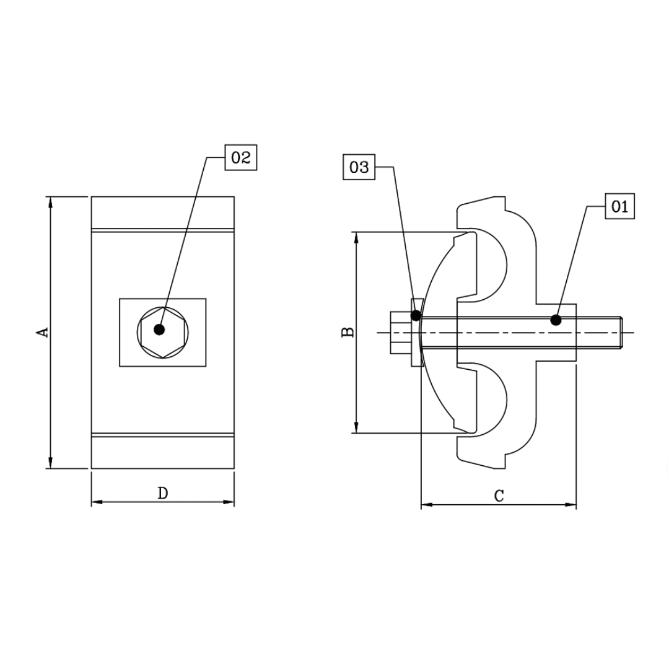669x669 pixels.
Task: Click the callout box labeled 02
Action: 240,158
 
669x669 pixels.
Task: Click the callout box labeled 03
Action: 359,167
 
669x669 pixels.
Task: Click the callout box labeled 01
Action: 619,206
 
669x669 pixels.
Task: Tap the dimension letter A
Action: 42,332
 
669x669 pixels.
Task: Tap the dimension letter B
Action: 348,332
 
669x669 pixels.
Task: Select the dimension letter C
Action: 499,496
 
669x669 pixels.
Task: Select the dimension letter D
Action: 162,493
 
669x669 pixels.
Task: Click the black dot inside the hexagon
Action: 160,330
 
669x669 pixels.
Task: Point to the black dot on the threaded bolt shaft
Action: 556,320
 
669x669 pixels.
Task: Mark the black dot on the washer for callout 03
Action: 416,315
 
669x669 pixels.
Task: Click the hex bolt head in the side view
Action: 400,333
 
